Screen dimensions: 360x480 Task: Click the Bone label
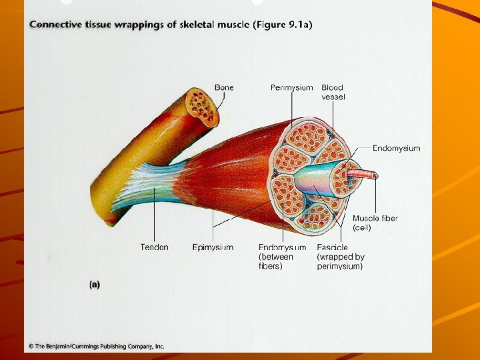[x=223, y=87]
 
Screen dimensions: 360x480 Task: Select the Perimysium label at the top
[x=291, y=87]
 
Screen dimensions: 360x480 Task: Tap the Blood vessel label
[x=333, y=92]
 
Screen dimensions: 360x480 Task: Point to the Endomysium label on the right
[x=396, y=148]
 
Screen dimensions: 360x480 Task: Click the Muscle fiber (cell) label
[x=375, y=223]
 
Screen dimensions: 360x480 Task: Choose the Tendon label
[x=154, y=247]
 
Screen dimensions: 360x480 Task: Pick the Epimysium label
[x=213, y=247]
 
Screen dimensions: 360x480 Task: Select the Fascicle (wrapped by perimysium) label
[x=340, y=257]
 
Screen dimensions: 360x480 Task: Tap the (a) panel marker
[x=95, y=285]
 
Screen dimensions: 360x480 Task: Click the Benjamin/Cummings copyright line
[x=96, y=346]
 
